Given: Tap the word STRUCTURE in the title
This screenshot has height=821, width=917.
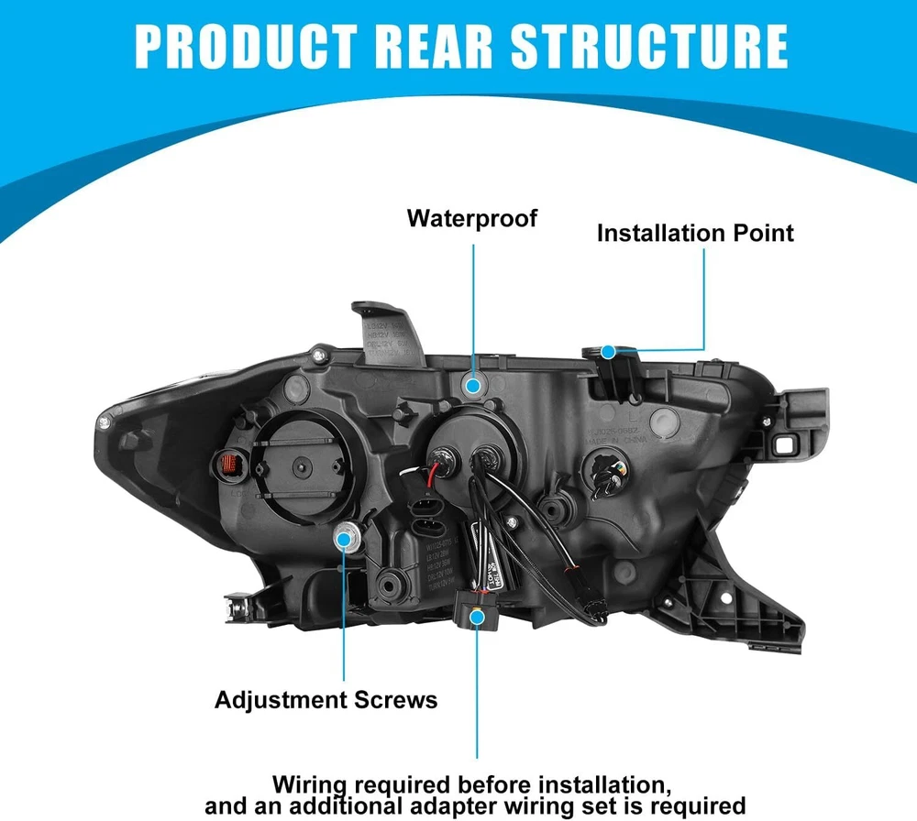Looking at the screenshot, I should pos(660,45).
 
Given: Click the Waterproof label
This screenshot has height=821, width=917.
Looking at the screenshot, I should pos(472,219).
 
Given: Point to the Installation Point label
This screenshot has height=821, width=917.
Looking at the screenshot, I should pos(695,233).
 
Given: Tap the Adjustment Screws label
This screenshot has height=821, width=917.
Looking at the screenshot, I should pos(326,701).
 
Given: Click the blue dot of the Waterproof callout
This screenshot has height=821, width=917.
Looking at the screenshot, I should pos(473,386).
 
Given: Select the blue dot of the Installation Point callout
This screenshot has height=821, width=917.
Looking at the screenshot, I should pos(607,350).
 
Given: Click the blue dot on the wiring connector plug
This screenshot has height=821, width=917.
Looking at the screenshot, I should pos(476,618).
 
